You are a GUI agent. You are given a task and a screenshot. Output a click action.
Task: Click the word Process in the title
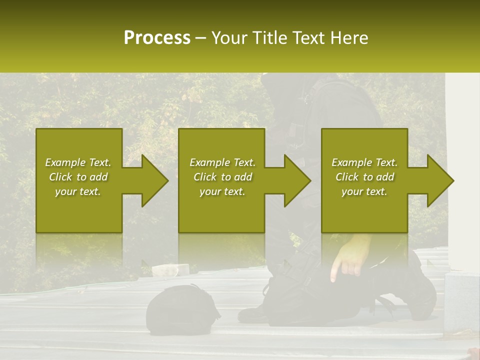[157, 38]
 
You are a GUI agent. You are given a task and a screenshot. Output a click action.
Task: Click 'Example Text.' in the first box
[78, 162]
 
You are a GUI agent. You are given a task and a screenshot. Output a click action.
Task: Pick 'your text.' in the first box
[78, 191]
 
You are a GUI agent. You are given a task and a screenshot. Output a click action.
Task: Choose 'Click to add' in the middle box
[222, 177]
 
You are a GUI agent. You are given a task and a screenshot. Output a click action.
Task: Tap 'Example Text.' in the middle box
[222, 162]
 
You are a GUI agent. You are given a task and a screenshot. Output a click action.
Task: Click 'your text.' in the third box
[364, 191]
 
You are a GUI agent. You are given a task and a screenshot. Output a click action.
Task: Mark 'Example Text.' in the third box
[364, 162]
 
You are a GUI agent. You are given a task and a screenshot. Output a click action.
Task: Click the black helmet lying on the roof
[181, 308]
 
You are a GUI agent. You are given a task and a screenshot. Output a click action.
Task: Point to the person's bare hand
[350, 257]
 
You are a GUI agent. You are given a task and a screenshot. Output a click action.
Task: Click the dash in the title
[201, 38]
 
